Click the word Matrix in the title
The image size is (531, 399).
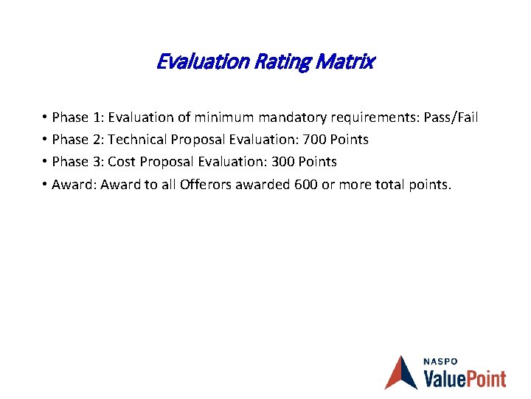[347, 62]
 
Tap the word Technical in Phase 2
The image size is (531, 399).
[136, 140]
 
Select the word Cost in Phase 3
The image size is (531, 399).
[122, 162]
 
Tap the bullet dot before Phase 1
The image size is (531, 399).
[45, 117]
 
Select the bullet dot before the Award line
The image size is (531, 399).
[45, 184]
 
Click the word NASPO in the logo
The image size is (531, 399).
[440, 361]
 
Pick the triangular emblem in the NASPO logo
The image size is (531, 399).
[401, 372]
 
